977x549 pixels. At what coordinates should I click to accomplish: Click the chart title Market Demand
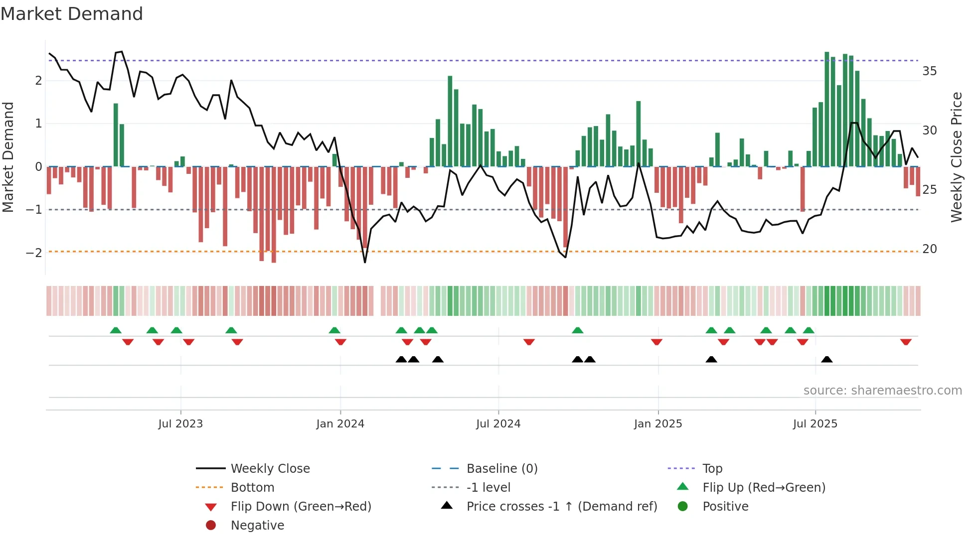(72, 14)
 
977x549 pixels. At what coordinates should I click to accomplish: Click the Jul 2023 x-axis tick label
(180, 424)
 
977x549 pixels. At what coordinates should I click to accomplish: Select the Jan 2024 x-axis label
(340, 424)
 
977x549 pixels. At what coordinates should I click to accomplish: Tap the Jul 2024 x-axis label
(498, 424)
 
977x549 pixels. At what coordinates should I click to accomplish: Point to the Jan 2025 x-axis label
(657, 424)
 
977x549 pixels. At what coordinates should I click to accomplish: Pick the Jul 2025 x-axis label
(815, 424)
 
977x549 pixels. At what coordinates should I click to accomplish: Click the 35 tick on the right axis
(929, 71)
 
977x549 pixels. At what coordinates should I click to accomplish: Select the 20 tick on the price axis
(929, 249)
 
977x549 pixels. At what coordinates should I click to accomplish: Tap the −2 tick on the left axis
(34, 253)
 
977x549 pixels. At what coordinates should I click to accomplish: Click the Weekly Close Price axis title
(956, 157)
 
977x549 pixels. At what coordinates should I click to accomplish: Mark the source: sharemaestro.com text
(882, 390)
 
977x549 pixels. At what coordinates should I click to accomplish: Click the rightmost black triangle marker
(826, 359)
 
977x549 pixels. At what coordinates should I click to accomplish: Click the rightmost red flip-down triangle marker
(906, 342)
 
